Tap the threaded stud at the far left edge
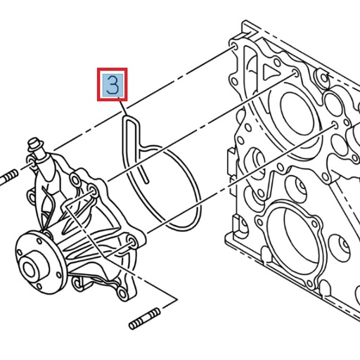pos(8,176)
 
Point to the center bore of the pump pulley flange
pos(31,268)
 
